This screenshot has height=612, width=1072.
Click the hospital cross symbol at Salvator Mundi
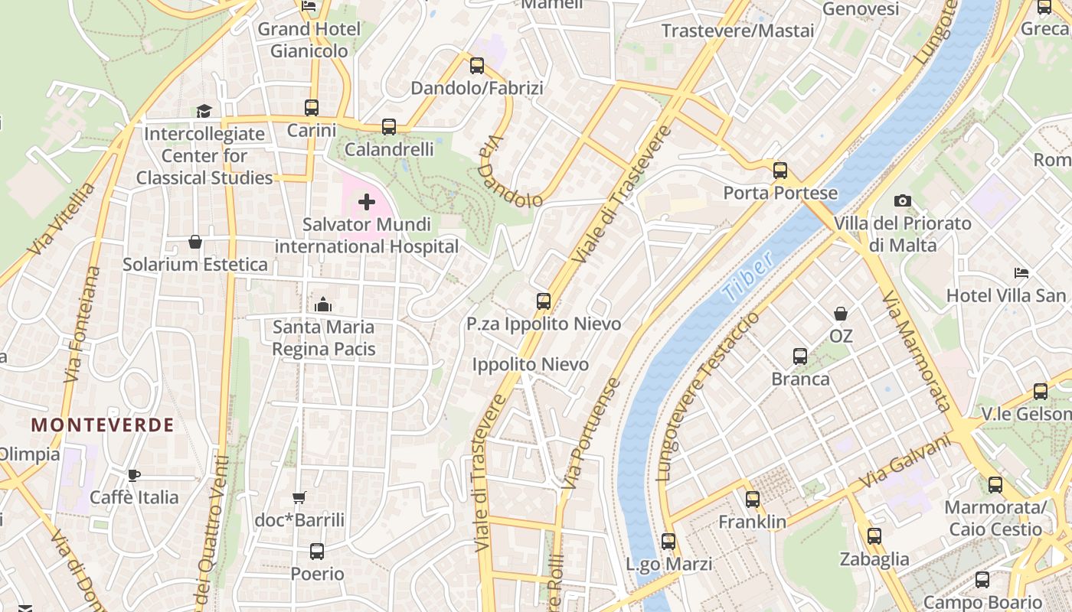[367, 202]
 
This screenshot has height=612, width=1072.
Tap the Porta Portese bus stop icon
[780, 171]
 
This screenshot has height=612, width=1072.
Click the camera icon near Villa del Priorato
[903, 201]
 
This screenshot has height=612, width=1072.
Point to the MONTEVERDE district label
[103, 425]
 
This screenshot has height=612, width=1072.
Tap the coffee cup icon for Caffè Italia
[135, 475]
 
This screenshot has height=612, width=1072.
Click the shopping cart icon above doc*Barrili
[299, 498]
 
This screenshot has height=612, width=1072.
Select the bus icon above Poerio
[317, 551]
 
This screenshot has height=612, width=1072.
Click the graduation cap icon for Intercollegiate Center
[204, 112]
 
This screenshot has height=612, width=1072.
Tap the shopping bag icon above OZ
[841, 314]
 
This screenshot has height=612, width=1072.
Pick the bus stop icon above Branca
[800, 356]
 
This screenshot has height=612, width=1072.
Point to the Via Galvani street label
[904, 462]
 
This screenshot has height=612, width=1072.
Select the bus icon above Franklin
[753, 500]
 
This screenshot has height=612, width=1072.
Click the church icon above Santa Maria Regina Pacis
[323, 304]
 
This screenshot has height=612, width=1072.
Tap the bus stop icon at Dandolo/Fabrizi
[477, 66]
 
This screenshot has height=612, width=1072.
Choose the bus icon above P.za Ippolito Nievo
[544, 301]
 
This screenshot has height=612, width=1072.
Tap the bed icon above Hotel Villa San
[1021, 273]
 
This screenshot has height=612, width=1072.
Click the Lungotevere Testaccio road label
[708, 396]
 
